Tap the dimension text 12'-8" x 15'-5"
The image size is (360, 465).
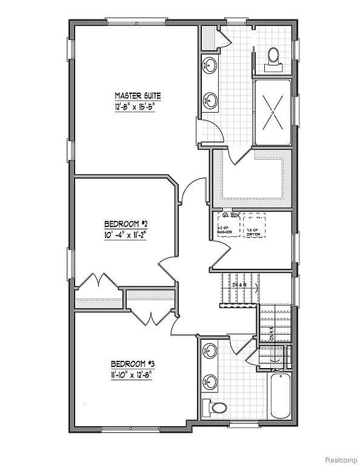[136, 107]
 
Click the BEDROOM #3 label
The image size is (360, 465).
[133, 364]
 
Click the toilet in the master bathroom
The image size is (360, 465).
[273, 56]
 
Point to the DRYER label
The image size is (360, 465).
[254, 232]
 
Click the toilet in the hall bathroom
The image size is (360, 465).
[217, 408]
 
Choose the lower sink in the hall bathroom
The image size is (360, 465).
[210, 381]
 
